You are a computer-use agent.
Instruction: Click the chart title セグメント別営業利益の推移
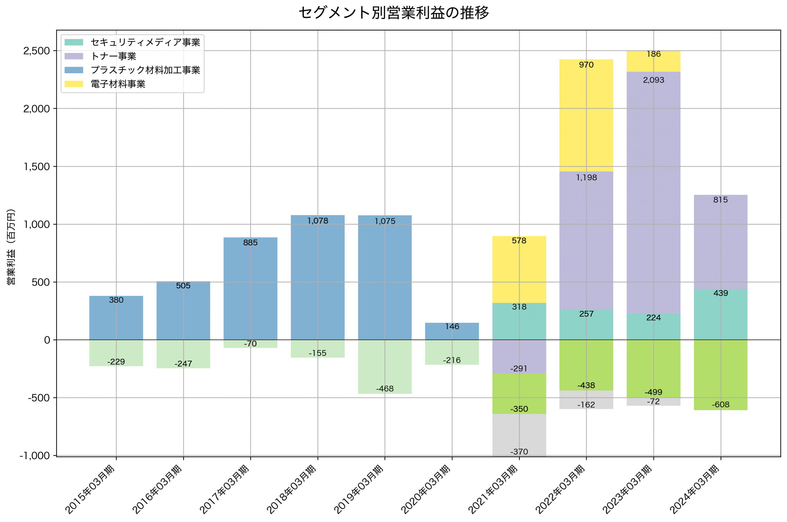coord(393,13)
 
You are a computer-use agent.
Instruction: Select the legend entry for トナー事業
coord(113,56)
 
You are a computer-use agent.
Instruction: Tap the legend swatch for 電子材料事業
coord(73,84)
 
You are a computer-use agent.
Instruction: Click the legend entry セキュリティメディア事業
coord(145,42)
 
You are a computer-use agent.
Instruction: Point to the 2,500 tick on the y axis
coord(37,51)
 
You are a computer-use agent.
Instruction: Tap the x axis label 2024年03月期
coord(695,489)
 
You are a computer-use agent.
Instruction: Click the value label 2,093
coord(653,80)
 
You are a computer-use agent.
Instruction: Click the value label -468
coord(385,389)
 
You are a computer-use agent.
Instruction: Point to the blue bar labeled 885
coord(250,290)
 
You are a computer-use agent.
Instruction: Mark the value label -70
coord(250,344)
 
